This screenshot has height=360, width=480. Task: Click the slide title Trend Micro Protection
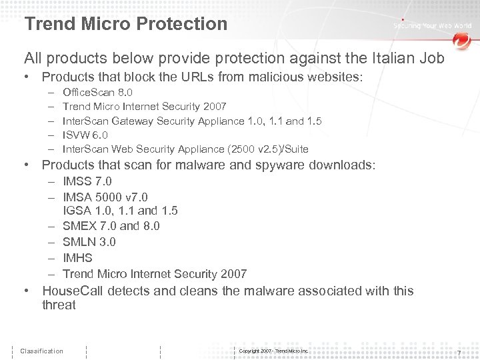pyautogui.click(x=125, y=24)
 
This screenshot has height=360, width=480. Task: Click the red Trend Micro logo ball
pyautogui.click(x=461, y=41)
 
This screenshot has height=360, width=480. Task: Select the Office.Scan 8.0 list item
pyautogui.click(x=97, y=92)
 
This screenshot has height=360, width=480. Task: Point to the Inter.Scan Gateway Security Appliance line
pyautogui.click(x=192, y=121)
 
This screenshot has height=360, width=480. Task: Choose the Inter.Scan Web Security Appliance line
pyautogui.click(x=185, y=149)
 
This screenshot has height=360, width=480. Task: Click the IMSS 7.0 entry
pyautogui.click(x=87, y=181)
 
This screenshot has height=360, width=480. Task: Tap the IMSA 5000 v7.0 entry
pyautogui.click(x=105, y=197)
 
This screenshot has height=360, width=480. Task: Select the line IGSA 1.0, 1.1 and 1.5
pyautogui.click(x=120, y=211)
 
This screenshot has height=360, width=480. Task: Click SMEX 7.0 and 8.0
pyautogui.click(x=111, y=226)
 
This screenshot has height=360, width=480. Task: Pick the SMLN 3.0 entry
pyautogui.click(x=89, y=242)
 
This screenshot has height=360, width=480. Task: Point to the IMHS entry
pyautogui.click(x=77, y=258)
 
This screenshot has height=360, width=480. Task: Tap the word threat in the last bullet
pyautogui.click(x=59, y=305)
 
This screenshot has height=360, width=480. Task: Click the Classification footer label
pyautogui.click(x=41, y=351)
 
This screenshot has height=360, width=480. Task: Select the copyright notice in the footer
pyautogui.click(x=273, y=351)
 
